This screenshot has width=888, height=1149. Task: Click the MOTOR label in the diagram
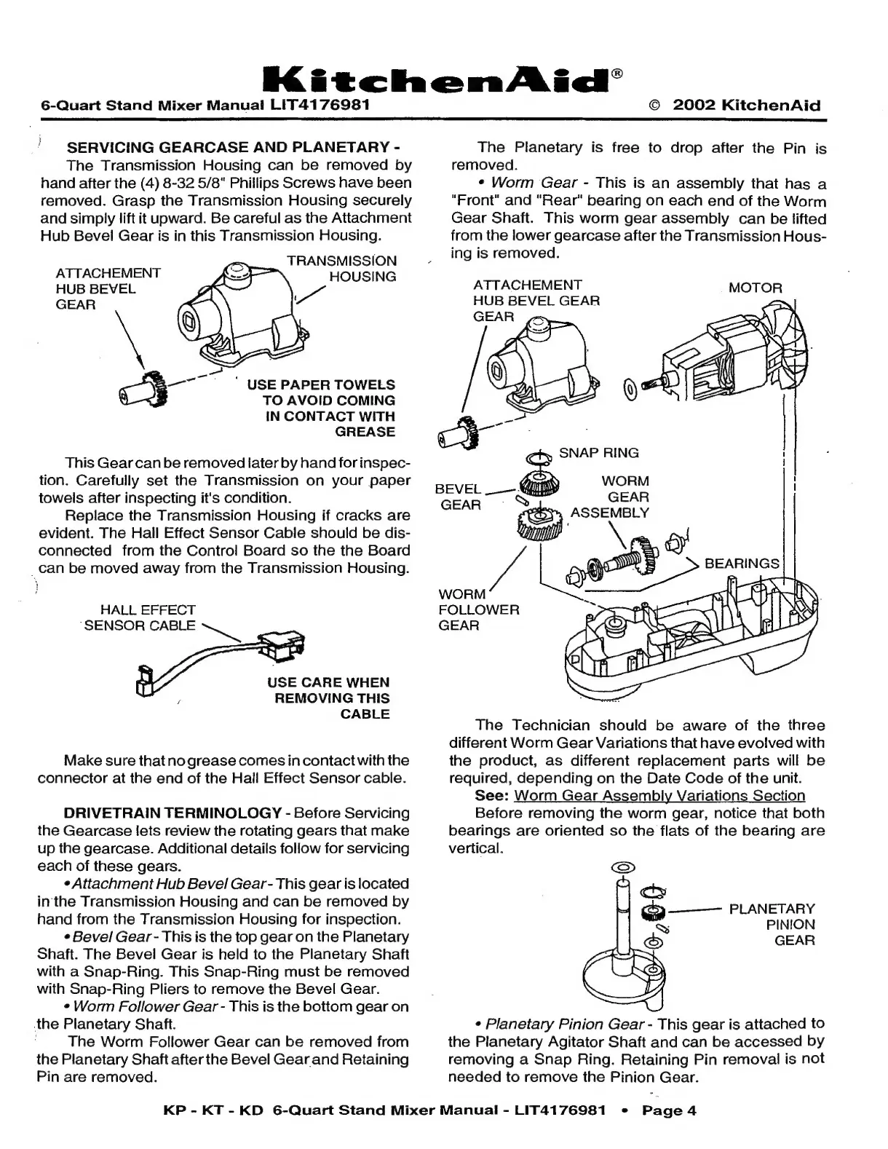pos(755,288)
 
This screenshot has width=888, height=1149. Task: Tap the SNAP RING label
pos(598,452)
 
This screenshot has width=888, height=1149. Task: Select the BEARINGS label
pos(742,564)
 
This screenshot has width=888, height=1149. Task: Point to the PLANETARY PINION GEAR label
pos(772,924)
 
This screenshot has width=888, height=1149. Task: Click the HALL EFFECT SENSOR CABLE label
pos(140,617)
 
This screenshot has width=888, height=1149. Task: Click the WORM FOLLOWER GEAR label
pos(478,609)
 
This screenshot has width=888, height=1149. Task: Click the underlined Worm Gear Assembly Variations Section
pos(659,796)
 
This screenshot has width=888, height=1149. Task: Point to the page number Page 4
pos(669,1110)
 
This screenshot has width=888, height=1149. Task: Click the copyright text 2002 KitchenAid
pos(746,105)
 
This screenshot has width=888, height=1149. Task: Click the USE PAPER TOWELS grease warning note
pos(325,408)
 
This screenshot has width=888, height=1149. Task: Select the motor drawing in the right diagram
pos(735,357)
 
